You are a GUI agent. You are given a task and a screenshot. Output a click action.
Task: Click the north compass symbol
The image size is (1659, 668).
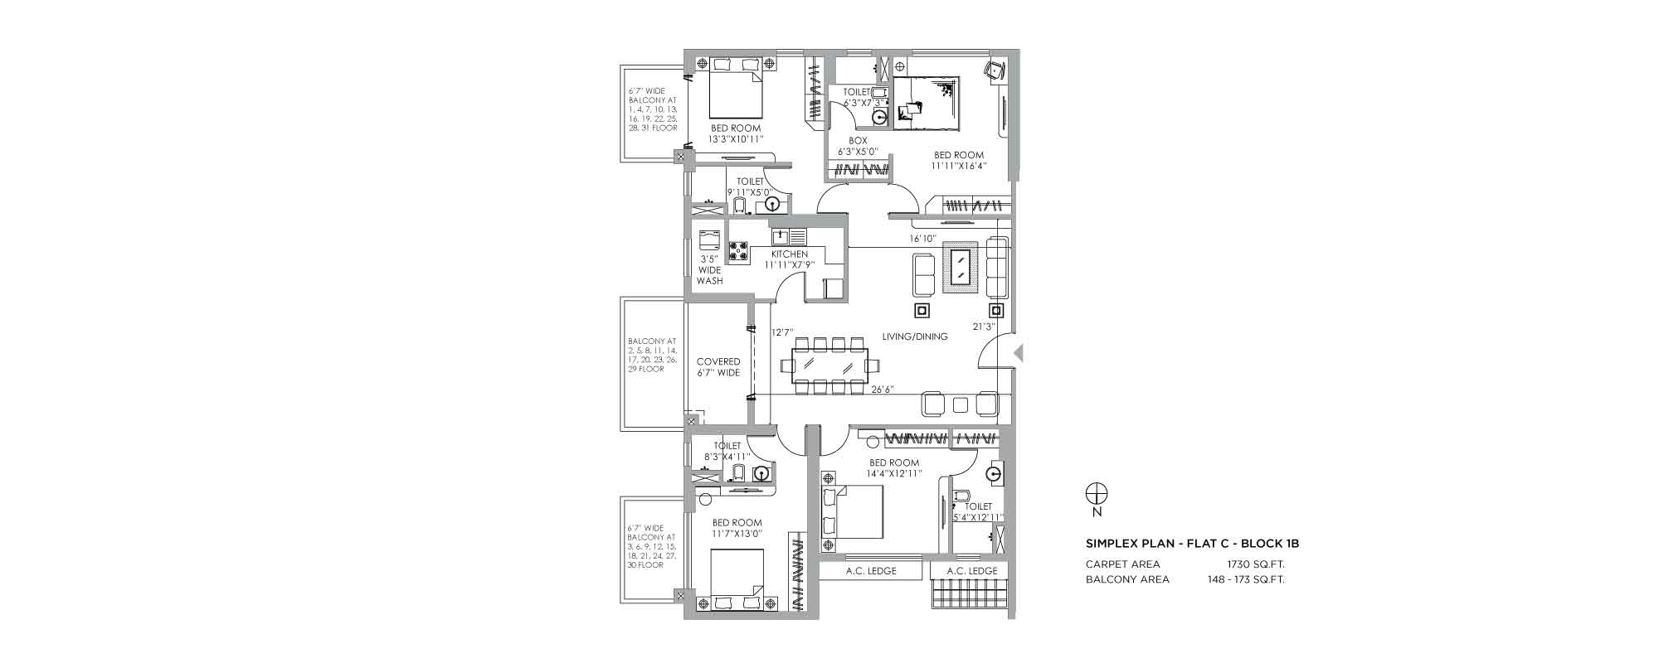point(1097,494)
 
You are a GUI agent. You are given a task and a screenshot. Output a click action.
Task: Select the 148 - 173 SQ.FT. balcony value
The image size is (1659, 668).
point(1246,579)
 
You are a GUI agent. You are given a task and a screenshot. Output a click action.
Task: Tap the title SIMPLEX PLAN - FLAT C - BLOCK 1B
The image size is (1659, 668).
point(1192,544)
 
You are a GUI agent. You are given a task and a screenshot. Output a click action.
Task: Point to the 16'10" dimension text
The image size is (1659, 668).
point(922,239)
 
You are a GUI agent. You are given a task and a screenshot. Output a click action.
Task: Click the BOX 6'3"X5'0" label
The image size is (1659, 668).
point(858,147)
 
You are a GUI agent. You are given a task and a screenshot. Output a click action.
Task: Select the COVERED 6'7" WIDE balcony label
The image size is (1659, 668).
point(718,367)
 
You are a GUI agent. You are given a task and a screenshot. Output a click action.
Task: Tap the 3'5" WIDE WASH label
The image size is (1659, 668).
point(710,269)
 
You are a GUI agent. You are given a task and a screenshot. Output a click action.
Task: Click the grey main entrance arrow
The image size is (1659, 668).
point(1019,353)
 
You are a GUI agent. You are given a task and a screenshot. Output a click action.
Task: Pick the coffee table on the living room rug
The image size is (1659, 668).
point(961,268)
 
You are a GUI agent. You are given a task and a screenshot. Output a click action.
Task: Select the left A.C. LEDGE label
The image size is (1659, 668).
point(871,571)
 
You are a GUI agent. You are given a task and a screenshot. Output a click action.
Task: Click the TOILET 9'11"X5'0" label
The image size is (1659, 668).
point(750,186)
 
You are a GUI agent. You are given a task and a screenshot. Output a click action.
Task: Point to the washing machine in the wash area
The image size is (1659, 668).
point(709,240)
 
